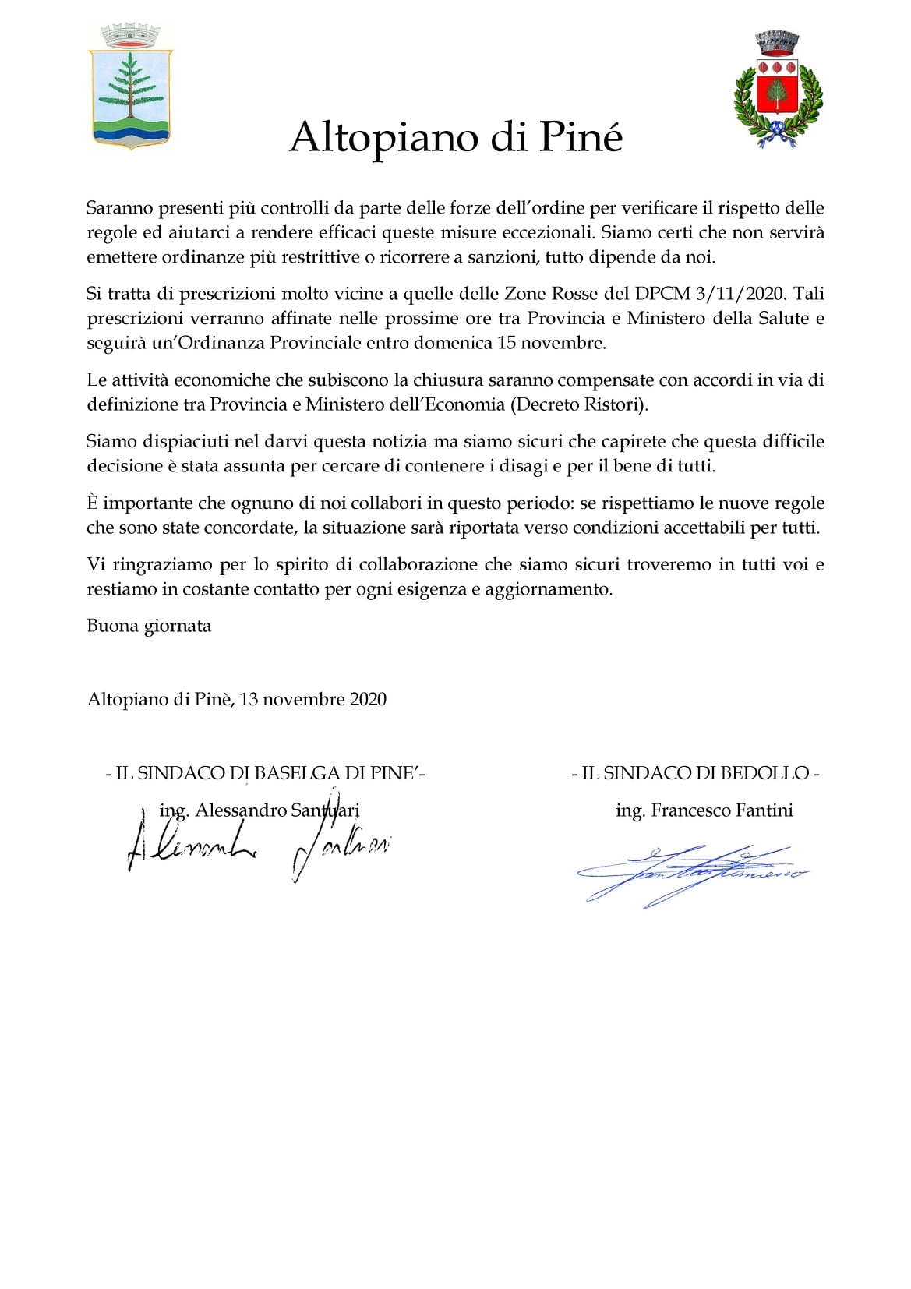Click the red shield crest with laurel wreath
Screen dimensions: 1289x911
778,90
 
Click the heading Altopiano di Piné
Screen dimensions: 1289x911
456,137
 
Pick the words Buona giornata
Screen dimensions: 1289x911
149,626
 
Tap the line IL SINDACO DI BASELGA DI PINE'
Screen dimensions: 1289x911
265,773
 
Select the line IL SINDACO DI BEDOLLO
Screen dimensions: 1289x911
695,773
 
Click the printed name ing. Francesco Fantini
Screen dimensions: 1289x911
704,810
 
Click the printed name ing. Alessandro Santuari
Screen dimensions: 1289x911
260,810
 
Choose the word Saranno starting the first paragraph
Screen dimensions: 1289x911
119,208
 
